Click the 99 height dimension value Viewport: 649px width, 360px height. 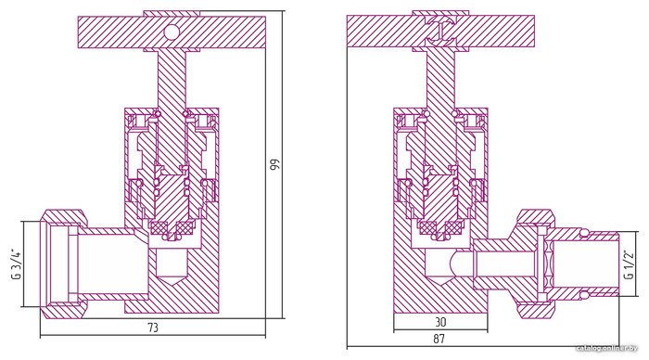click(274, 164)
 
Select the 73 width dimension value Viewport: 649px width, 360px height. click(153, 328)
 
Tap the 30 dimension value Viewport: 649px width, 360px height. click(440, 321)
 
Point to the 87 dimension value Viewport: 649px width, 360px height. click(439, 339)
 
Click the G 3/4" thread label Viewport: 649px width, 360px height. click(17, 264)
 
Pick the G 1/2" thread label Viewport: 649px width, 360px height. click(629, 264)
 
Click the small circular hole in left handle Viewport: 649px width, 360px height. click(171, 32)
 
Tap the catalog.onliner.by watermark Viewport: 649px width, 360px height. click(607, 349)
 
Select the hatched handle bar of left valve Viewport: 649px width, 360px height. click(172, 32)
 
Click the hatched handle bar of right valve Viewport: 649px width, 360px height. click(440, 31)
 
